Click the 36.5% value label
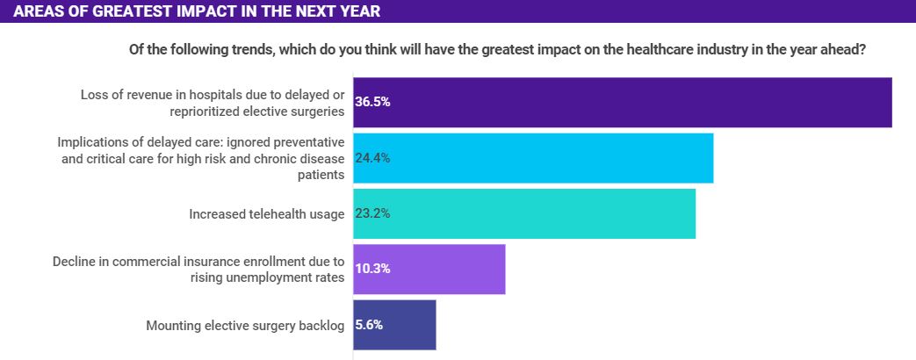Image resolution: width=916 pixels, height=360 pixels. (x=372, y=102)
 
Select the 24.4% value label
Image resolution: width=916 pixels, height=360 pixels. (x=372, y=158)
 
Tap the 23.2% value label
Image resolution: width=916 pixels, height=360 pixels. (x=372, y=213)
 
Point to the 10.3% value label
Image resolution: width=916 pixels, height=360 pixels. (x=372, y=269)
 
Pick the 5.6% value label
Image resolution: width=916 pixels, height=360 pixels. (x=369, y=325)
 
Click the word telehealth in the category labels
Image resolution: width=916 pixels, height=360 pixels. (x=278, y=214)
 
